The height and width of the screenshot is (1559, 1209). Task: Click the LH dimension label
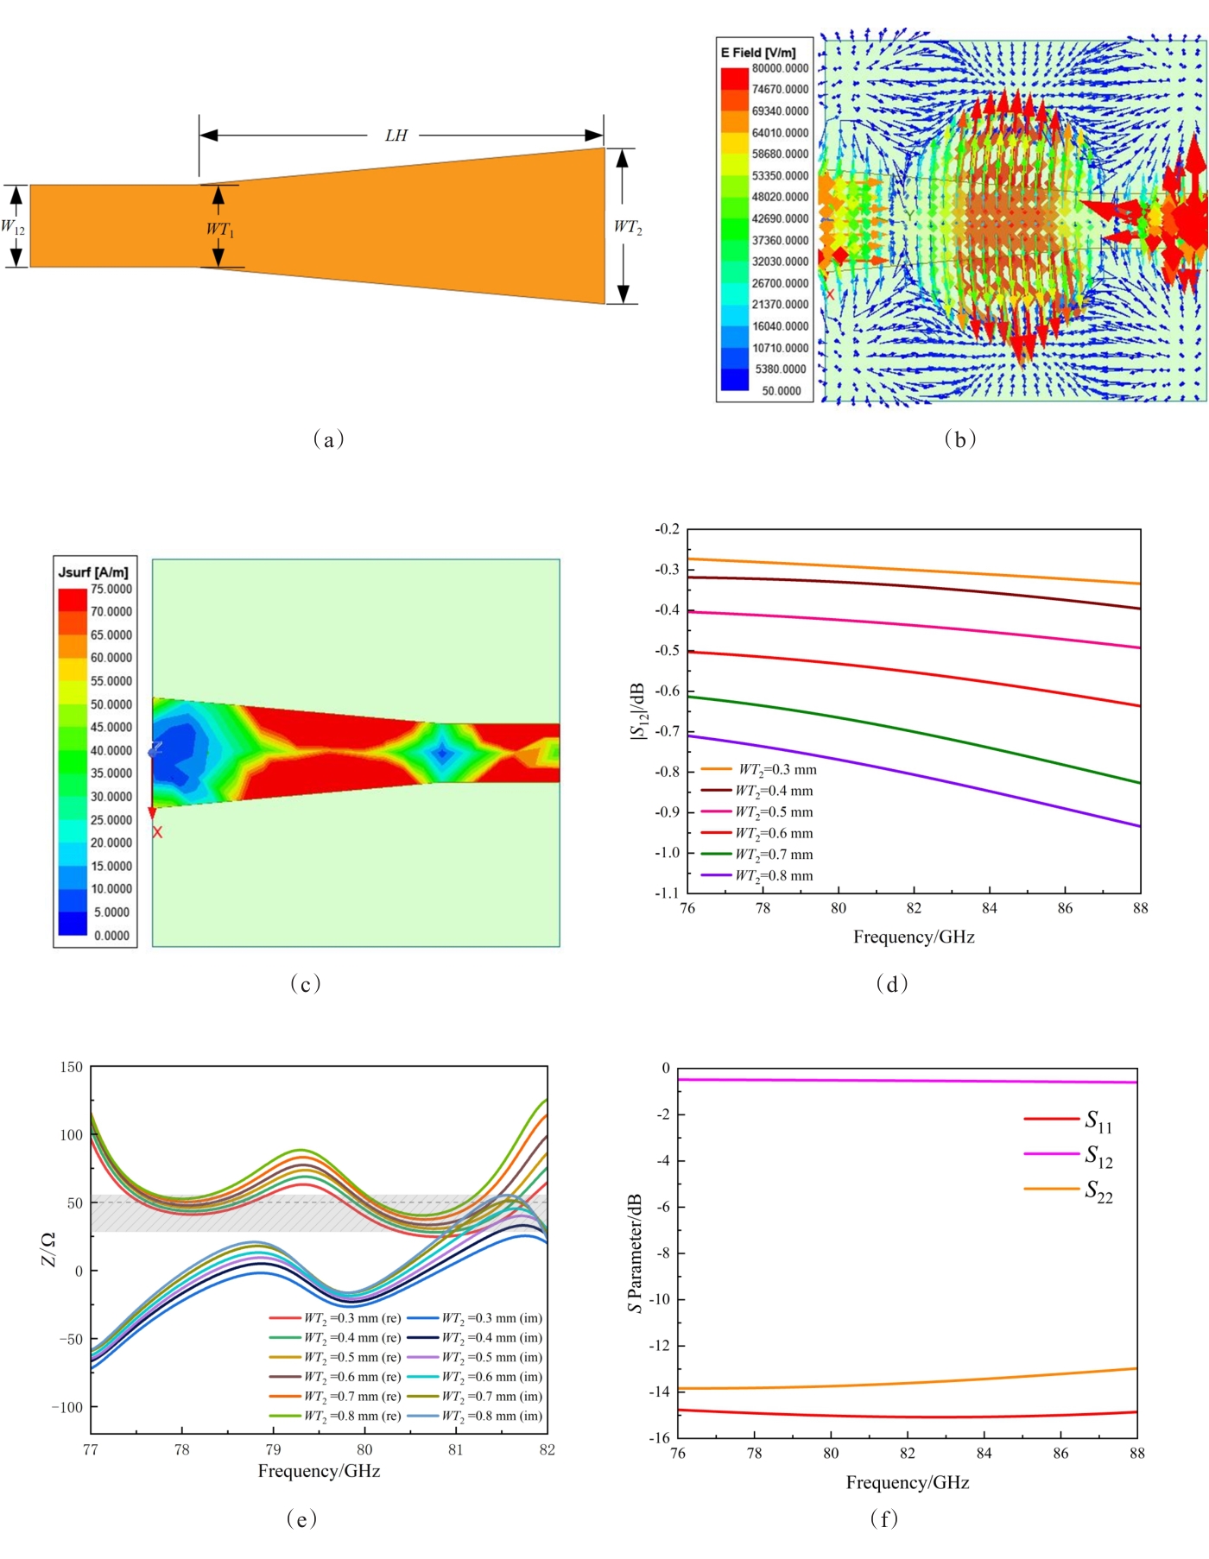click(396, 136)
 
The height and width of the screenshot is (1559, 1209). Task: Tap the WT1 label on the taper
click(219, 229)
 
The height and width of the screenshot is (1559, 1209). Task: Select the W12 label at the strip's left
click(13, 227)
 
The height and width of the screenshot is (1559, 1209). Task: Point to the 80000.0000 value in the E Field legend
click(780, 68)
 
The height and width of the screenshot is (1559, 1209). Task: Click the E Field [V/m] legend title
click(758, 52)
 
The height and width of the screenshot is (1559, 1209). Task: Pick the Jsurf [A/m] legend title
click(93, 571)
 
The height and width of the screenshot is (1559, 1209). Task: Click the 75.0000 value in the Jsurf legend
click(111, 590)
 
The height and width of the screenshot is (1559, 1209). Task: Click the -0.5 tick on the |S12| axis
click(667, 650)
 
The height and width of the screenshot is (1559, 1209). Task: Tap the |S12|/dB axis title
click(637, 711)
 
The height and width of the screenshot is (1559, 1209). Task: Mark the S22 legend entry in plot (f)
click(1098, 1191)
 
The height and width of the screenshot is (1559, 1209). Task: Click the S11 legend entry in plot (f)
click(1098, 1120)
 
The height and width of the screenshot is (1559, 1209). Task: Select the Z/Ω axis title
click(48, 1249)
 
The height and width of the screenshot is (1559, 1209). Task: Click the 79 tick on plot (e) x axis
click(273, 1449)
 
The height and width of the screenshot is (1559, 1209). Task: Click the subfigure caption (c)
click(305, 983)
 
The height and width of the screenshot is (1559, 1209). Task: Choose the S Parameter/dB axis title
click(635, 1253)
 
